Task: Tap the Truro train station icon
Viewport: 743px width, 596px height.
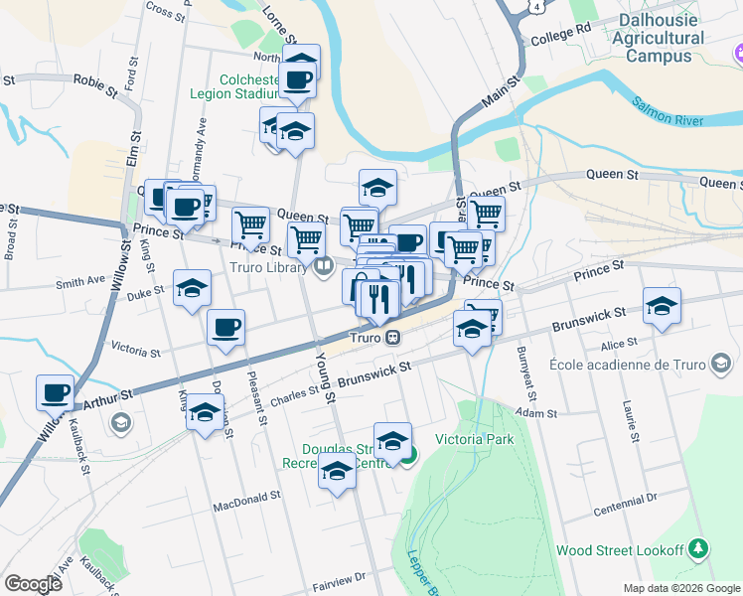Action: click(393, 337)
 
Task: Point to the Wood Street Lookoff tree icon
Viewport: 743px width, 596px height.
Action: click(700, 549)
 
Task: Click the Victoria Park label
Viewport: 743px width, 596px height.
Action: click(474, 439)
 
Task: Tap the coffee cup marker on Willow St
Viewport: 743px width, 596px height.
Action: click(56, 391)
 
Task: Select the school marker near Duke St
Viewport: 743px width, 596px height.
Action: click(193, 288)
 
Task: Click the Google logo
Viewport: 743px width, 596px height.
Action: click(33, 584)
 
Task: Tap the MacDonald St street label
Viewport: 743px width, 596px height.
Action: click(247, 503)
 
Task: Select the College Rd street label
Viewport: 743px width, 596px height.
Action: click(561, 37)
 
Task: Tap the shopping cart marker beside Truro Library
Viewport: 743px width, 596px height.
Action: click(307, 239)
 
